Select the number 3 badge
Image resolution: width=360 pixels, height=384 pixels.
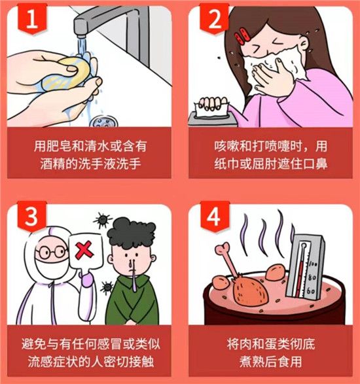(31, 216)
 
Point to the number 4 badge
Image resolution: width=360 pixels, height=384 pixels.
(215, 216)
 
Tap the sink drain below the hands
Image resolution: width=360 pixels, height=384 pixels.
(103, 121)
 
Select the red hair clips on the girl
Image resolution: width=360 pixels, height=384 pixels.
(242, 36)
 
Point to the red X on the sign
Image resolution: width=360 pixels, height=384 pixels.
(84, 251)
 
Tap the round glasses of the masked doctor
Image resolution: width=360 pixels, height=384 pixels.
(51, 253)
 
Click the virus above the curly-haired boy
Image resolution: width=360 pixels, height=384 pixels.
(103, 220)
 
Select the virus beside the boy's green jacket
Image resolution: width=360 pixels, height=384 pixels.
(107, 287)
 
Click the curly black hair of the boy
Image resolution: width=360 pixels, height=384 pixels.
(132, 233)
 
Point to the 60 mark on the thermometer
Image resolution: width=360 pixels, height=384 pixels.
(311, 291)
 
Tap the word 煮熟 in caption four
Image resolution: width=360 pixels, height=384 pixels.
(252, 362)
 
